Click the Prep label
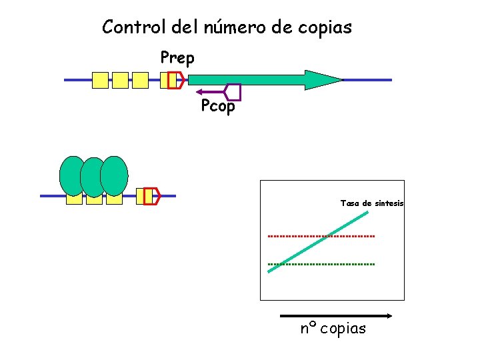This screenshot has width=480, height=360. tap(177, 59)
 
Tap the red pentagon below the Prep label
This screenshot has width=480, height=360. tap(176, 80)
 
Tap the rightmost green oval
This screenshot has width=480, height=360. tap(115, 175)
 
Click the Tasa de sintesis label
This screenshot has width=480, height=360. tap(371, 203)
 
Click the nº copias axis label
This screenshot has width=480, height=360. tap(333, 329)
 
